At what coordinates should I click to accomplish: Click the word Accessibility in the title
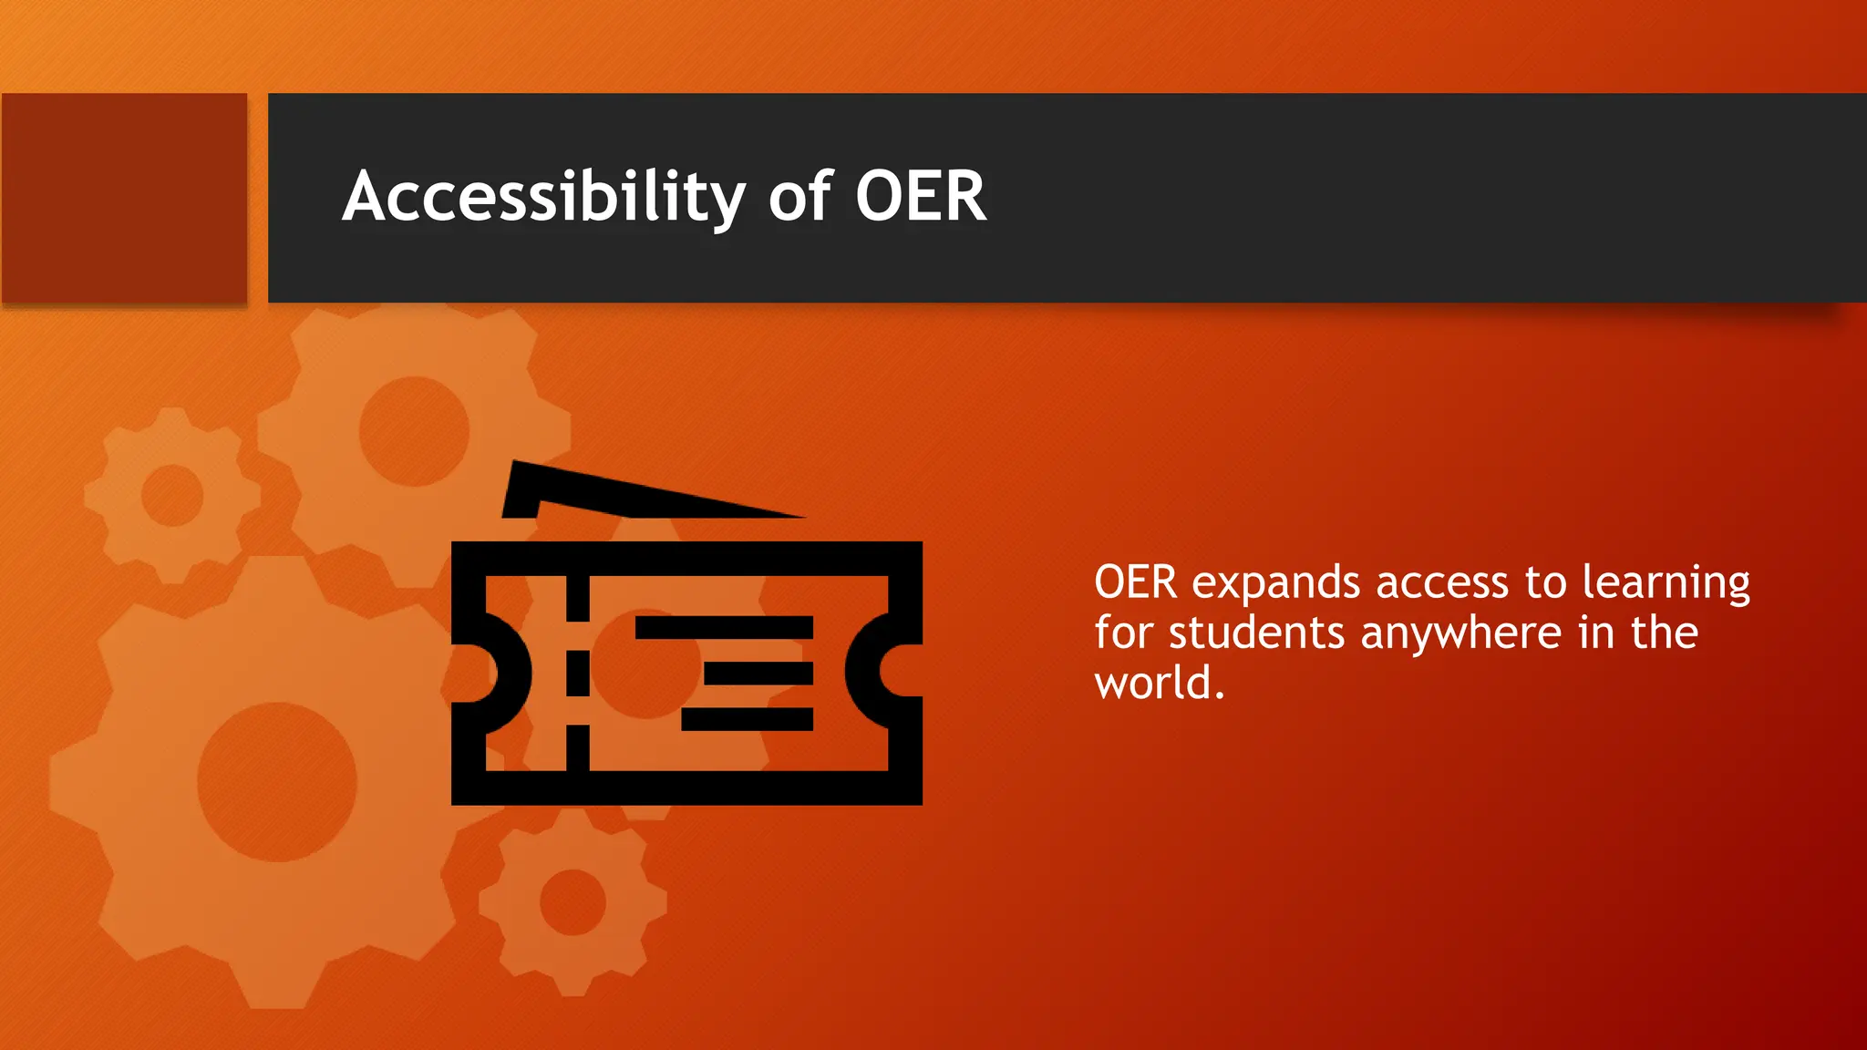click(x=543, y=197)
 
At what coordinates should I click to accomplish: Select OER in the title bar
click(x=921, y=197)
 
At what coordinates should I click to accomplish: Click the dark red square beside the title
click(x=124, y=198)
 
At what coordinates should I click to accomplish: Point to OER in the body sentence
click(x=1136, y=582)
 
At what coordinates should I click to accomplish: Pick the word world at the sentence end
click(x=1154, y=684)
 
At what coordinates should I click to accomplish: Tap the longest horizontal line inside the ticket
click(x=724, y=627)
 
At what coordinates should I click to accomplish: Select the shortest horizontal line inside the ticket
click(x=758, y=674)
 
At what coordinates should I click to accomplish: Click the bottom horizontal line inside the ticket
click(x=748, y=719)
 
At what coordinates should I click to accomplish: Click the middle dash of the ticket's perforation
click(x=578, y=674)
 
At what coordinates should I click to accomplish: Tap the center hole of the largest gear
click(x=277, y=781)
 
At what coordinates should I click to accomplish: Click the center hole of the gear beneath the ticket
click(x=572, y=902)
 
